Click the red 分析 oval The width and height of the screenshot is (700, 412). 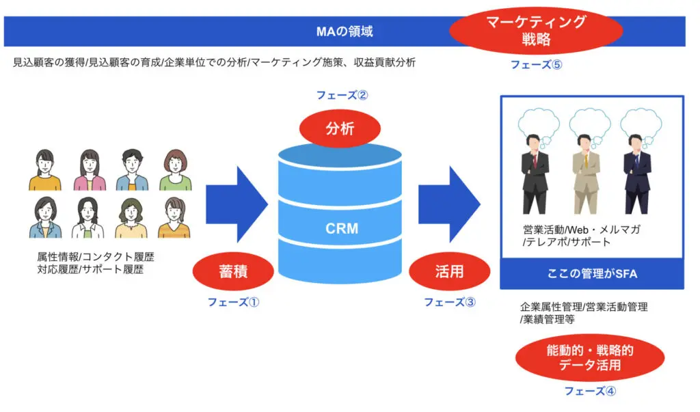340,128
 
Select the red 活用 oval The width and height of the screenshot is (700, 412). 448,271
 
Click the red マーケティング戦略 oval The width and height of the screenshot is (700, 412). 537,31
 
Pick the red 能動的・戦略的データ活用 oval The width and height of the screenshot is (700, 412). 589,358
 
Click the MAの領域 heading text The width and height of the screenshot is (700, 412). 345,31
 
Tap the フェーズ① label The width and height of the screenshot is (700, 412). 234,301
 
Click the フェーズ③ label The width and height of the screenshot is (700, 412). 449,301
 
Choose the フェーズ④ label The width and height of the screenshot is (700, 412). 590,391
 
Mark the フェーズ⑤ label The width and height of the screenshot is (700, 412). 537,64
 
